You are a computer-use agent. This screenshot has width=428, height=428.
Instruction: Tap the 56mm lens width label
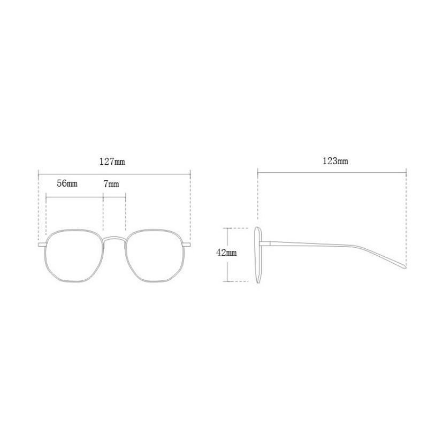67,184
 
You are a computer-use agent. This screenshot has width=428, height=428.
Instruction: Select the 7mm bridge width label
111,184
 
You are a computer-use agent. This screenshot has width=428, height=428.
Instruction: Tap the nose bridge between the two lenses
114,238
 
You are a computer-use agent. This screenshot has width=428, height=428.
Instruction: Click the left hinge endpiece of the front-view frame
41,244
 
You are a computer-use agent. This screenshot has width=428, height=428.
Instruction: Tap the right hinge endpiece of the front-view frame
187,244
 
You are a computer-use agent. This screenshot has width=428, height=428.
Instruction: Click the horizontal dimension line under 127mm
114,172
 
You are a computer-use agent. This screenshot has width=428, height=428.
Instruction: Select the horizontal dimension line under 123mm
332,172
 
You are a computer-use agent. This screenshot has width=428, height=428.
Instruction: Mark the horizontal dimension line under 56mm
74,198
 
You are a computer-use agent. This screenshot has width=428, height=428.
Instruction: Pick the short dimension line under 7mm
114,198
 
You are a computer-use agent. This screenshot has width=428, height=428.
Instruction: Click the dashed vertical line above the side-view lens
258,198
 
